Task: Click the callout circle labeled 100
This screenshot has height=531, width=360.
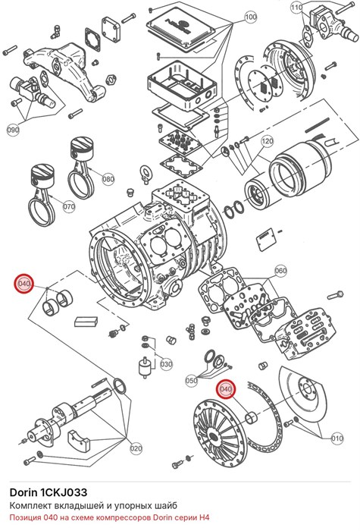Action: pos(250,17)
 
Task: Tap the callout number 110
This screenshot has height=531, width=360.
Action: pos(297,7)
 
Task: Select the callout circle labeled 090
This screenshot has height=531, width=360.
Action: pos(13,130)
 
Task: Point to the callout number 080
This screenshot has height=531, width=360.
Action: pos(108,179)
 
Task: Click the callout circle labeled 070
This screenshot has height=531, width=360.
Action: pos(69,206)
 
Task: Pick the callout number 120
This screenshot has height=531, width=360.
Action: pos(268,141)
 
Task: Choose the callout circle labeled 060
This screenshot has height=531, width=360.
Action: pos(280,271)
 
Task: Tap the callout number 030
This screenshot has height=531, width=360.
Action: pos(166,364)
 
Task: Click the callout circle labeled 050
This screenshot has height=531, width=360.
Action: pos(192,380)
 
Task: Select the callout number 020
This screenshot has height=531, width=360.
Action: pos(136,449)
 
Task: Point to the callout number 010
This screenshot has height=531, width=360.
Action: pos(337,438)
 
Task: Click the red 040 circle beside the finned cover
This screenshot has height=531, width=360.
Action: pos(226,389)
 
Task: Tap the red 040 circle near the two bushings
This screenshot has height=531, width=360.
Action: pos(24,284)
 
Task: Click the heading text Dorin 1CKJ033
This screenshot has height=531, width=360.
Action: pos(49,492)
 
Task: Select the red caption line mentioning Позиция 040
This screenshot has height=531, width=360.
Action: pos(110,518)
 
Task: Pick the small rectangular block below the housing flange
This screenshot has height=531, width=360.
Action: pos(86,322)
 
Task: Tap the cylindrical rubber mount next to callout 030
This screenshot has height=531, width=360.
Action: pos(145,367)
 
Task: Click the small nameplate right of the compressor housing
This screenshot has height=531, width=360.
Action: pos(266,240)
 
